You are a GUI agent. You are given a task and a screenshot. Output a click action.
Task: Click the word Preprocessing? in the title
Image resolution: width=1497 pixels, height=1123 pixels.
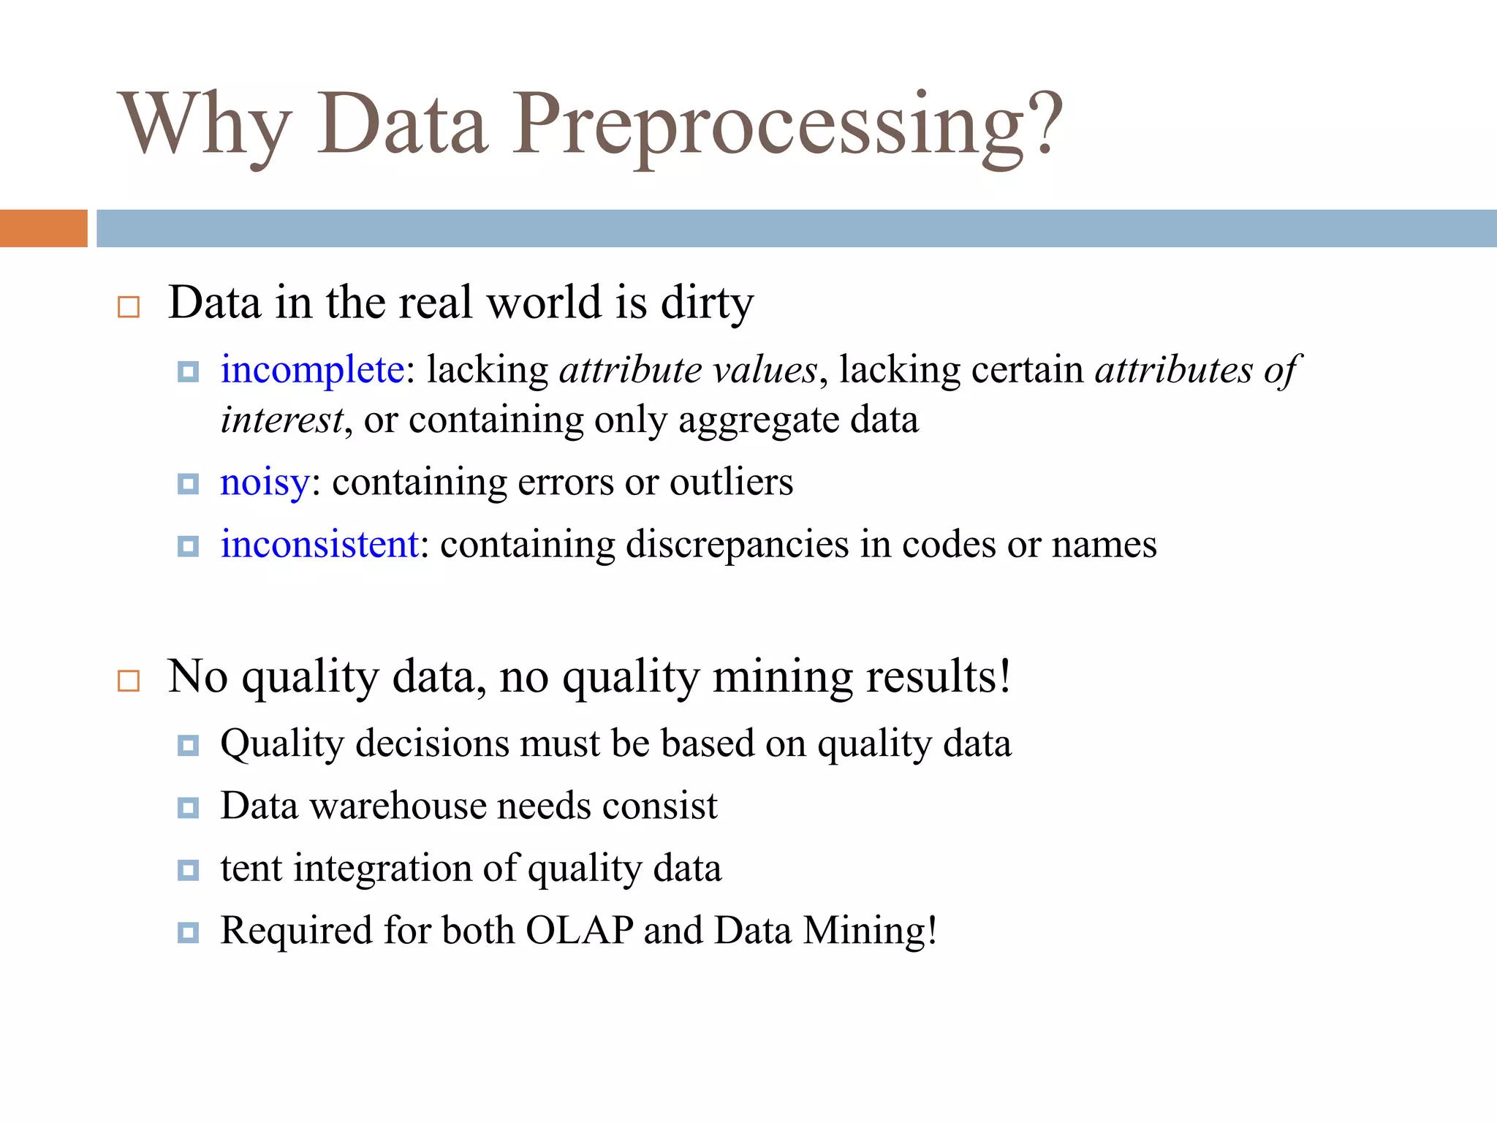click(x=786, y=126)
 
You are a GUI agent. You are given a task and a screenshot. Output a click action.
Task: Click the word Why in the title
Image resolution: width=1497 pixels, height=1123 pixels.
click(x=205, y=126)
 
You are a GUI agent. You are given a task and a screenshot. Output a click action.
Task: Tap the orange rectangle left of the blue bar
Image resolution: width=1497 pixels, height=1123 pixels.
click(x=43, y=228)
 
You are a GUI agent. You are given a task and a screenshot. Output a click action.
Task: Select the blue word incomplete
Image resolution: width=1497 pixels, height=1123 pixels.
click(x=312, y=369)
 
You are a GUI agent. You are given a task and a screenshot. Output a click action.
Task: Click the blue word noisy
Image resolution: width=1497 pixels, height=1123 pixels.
click(x=265, y=483)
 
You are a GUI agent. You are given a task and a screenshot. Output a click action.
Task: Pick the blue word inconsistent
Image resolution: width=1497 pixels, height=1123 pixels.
click(x=319, y=545)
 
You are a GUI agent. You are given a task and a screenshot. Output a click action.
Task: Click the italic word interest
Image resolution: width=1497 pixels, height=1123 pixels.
click(x=281, y=420)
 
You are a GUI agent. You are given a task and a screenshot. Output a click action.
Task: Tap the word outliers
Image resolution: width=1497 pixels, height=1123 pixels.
click(x=731, y=483)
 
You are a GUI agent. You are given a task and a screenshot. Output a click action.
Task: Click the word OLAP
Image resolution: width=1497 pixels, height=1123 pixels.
click(x=579, y=931)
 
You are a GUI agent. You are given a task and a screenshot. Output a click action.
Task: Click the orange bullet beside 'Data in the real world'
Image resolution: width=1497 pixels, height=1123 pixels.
click(x=129, y=307)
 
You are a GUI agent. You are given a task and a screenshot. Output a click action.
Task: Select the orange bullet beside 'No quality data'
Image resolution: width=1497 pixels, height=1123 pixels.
click(x=129, y=681)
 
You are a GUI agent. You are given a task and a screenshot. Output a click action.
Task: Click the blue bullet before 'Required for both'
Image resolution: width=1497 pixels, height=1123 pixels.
click(x=188, y=933)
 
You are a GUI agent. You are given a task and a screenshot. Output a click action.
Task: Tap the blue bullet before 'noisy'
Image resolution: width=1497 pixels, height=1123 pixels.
click(x=188, y=484)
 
